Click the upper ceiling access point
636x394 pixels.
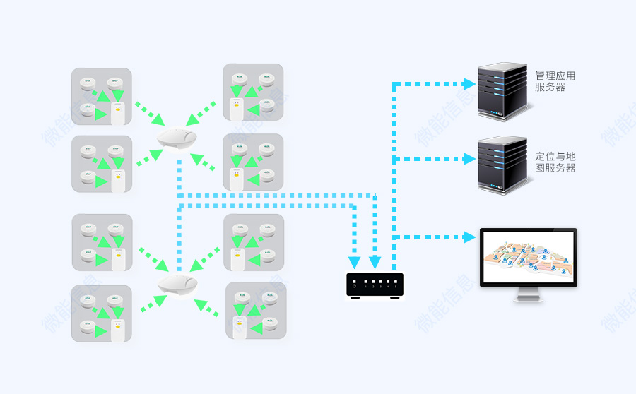point(177,138)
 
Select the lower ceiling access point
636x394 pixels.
point(177,285)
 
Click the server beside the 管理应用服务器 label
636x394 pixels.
point(502,90)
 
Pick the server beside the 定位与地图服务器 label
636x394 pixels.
point(502,165)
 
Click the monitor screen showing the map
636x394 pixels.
point(528,258)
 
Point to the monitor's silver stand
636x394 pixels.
point(529,295)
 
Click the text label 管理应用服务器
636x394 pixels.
point(555,81)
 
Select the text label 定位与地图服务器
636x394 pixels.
point(555,162)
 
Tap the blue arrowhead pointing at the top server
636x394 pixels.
point(469,84)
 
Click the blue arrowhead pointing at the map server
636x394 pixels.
point(469,160)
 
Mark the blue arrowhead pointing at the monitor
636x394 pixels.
point(469,238)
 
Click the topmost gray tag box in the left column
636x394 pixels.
point(102,97)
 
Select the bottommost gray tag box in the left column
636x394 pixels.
point(102,314)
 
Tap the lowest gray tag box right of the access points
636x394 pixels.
point(256,311)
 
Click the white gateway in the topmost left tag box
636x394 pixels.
point(118,114)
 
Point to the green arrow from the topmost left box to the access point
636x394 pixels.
point(150,113)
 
